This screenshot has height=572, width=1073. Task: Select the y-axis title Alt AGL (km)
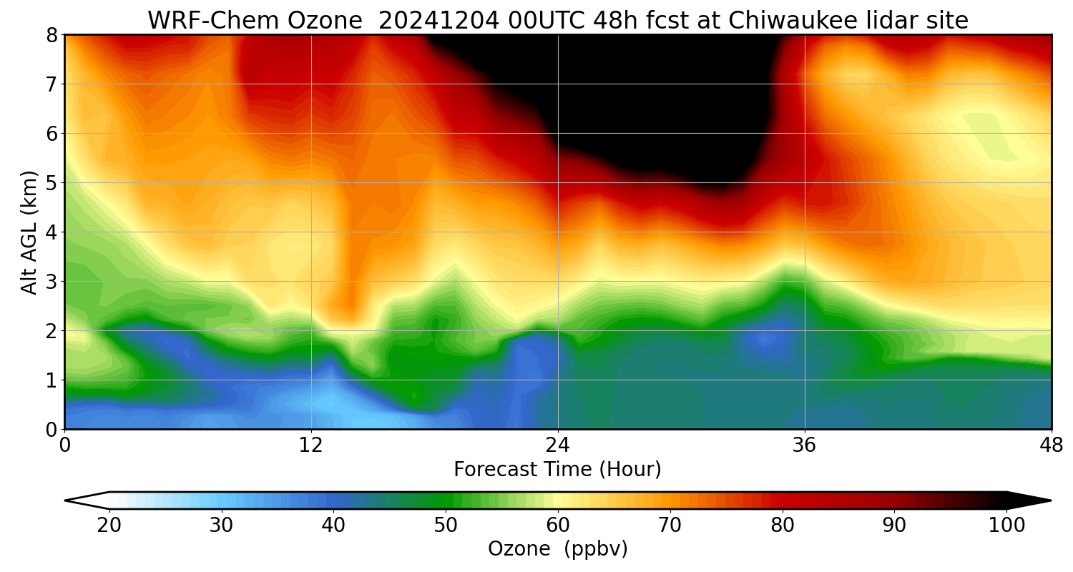point(29,232)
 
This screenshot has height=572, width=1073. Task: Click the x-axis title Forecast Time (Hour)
point(557,470)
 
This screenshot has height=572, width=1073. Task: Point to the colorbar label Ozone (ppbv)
point(557,548)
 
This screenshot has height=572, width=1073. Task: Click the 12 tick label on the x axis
point(311,446)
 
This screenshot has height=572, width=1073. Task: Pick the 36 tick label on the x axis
point(805,446)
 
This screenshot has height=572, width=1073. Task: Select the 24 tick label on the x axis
point(558,446)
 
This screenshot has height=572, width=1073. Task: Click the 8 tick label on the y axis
point(52,35)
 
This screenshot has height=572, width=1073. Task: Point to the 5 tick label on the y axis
point(52,183)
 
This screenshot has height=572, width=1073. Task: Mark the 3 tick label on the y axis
point(52,282)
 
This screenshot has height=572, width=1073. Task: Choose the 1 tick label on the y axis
point(52,380)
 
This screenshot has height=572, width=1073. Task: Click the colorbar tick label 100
point(1006,526)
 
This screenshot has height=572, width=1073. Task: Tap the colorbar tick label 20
point(109,526)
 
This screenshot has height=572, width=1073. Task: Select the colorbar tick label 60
point(558,526)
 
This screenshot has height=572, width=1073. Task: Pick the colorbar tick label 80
point(783,526)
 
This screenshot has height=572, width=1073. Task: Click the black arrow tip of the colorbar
point(1030,500)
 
